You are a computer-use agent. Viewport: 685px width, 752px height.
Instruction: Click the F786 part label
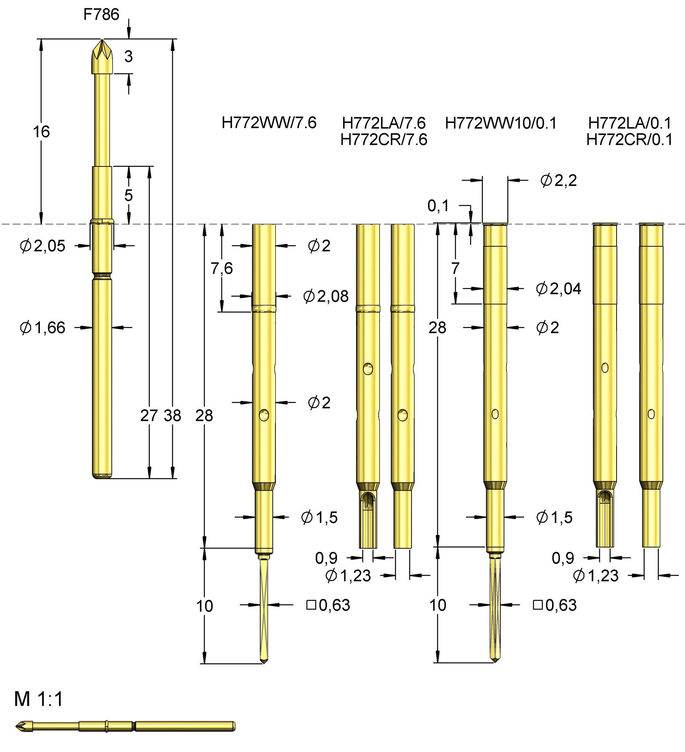pos(101,14)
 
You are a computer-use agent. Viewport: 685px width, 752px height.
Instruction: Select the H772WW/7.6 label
pos(269,123)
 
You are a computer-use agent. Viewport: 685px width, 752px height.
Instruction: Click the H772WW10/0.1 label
pos(500,123)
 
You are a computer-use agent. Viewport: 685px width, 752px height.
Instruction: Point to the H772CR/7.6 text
pos(383,139)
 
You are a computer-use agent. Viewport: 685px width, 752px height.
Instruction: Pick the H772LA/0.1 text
pos(629,123)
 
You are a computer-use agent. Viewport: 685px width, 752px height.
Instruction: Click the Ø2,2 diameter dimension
pos(558,181)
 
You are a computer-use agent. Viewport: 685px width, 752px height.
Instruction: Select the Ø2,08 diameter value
pos(325,296)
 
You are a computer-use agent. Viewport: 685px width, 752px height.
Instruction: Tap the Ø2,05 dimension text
pos(43,246)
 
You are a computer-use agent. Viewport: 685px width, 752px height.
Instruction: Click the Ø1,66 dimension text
pos(43,327)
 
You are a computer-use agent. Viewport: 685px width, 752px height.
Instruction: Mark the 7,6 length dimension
pos(221,268)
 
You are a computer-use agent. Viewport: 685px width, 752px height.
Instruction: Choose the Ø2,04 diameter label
pos(558,289)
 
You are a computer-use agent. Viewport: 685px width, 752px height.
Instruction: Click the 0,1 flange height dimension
pos(438,206)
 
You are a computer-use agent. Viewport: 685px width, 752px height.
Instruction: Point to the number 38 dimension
pos(173,416)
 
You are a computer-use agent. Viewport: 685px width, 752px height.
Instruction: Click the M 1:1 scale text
pos(38,699)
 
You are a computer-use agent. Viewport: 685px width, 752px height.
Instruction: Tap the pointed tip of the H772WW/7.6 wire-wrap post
pos(264,662)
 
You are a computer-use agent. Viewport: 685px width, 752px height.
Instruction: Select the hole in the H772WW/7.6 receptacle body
pos(264,415)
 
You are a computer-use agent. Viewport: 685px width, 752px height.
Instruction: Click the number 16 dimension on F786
pos(41,132)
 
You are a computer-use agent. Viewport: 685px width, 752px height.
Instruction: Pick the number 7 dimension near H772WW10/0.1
pos(455,268)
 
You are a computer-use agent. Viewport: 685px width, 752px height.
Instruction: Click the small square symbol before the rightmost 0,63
pos(538,605)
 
